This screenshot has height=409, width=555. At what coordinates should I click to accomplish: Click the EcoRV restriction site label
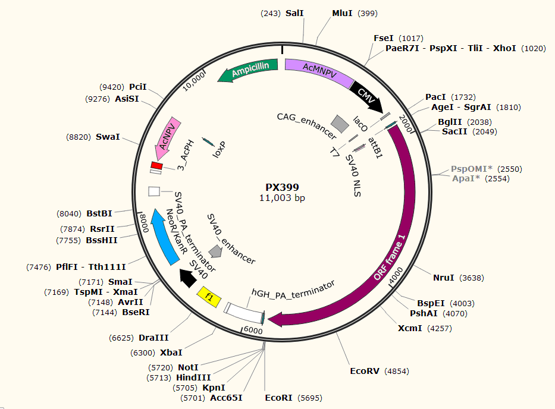(364, 372)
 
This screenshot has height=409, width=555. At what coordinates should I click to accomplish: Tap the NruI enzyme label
(443, 278)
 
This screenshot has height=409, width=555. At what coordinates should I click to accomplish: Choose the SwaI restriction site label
(108, 137)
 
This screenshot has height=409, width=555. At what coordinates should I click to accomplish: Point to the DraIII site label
(153, 338)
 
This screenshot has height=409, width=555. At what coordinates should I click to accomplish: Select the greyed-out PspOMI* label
(471, 169)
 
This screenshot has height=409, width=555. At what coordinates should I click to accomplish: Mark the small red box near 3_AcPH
(156, 165)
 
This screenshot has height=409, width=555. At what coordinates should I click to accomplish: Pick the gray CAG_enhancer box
(340, 123)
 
